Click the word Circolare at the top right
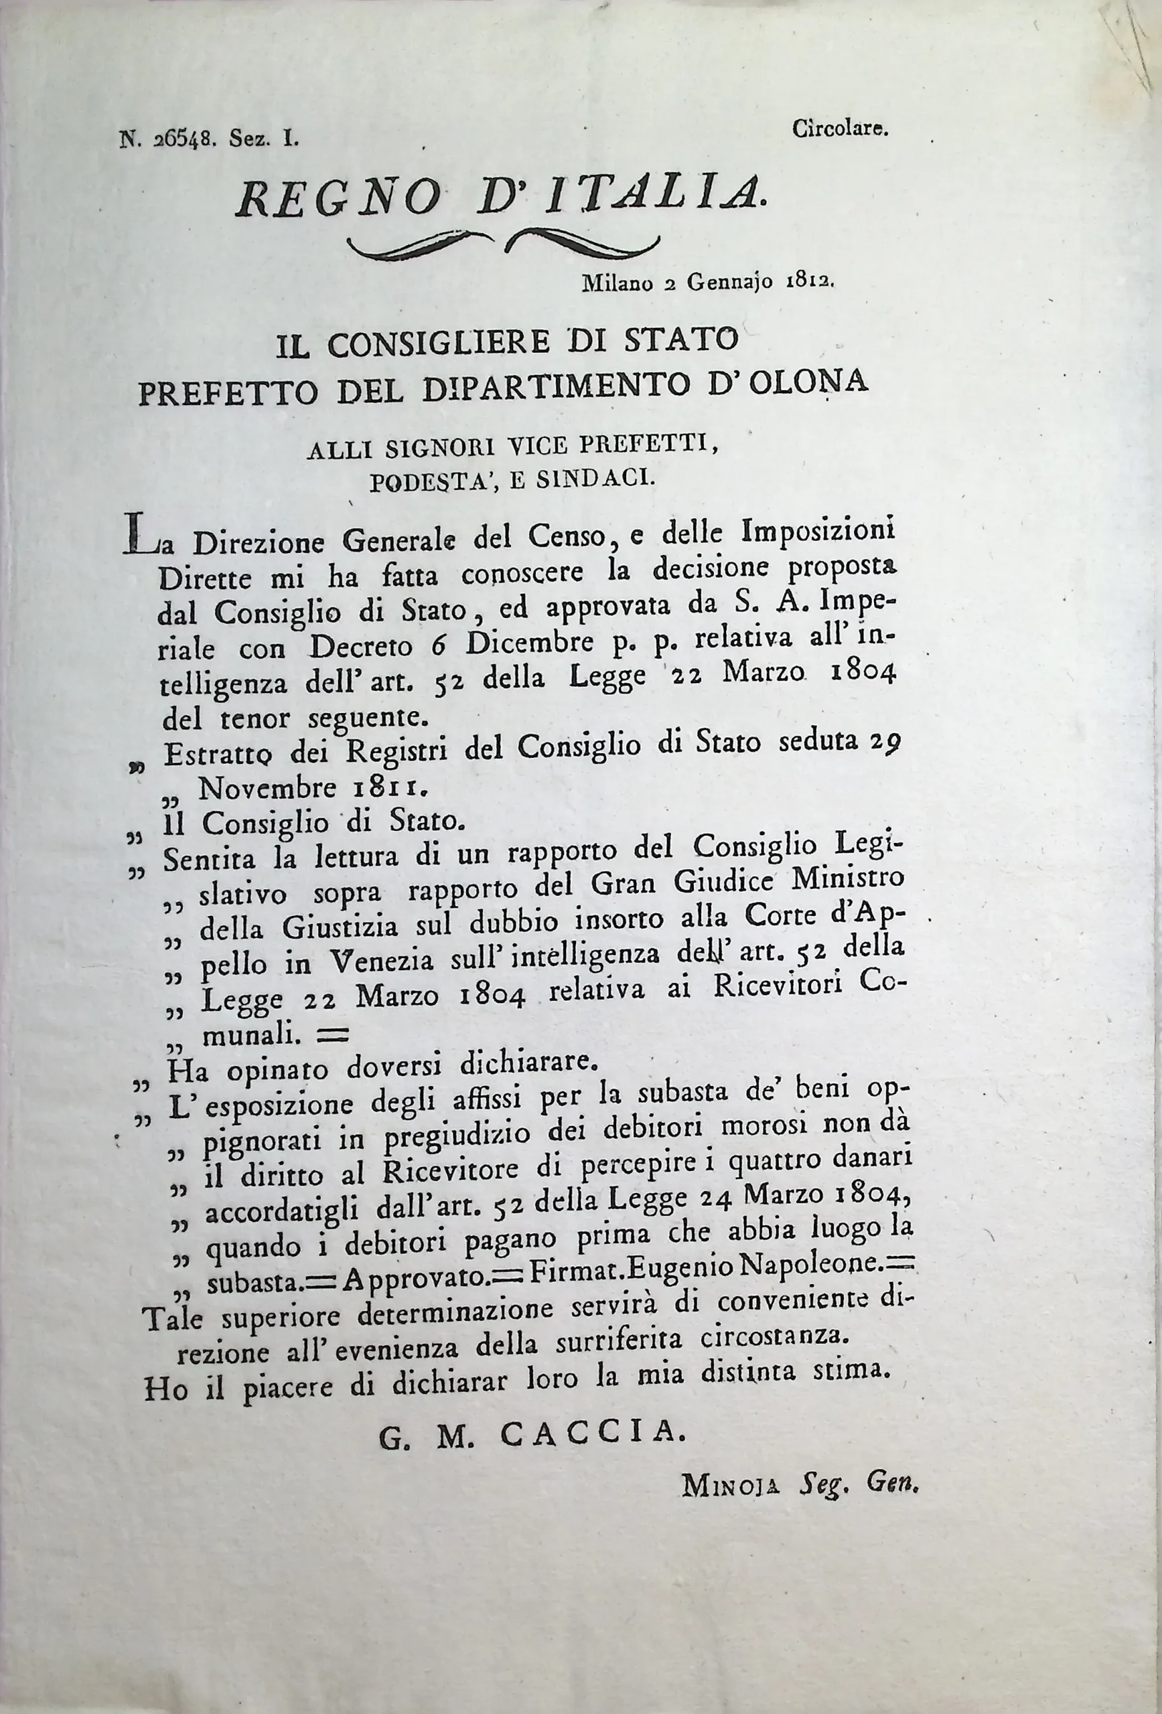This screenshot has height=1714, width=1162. coord(841,130)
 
